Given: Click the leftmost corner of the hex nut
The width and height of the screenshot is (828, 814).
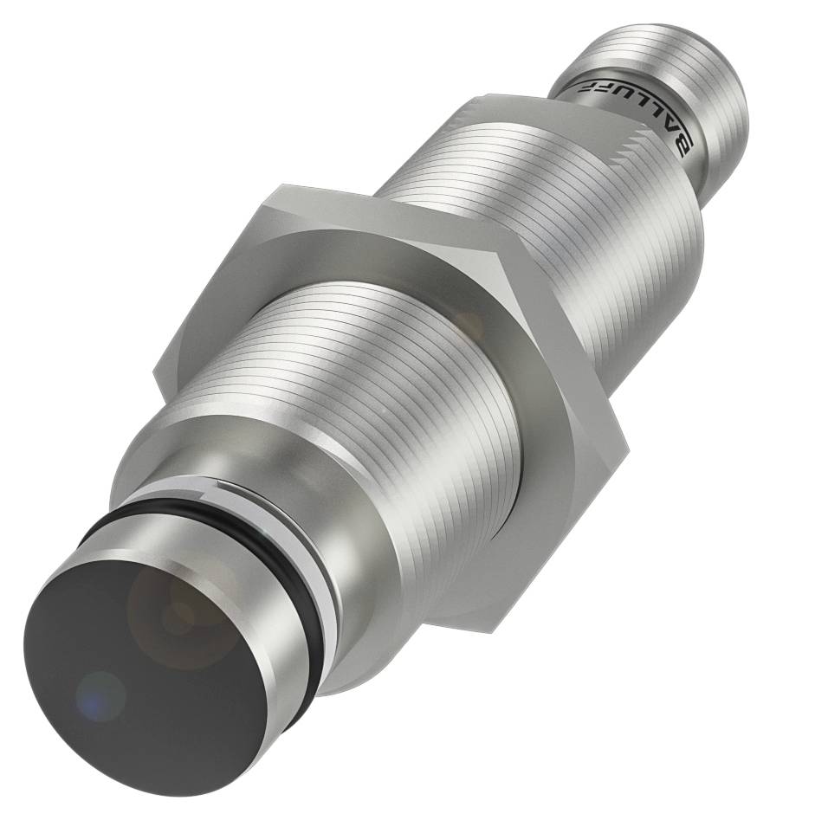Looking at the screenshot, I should [x=153, y=374].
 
